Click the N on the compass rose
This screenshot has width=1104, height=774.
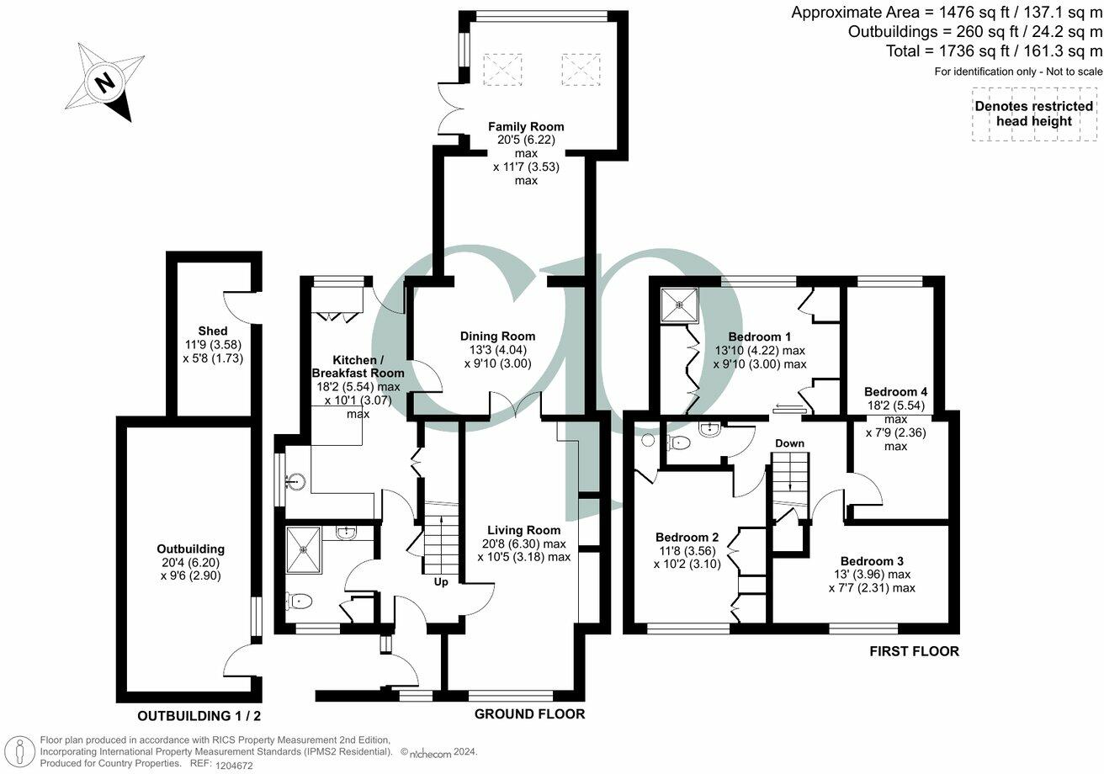click(104, 83)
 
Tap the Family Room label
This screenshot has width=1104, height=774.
click(526, 126)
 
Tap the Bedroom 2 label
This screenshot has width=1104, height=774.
click(687, 538)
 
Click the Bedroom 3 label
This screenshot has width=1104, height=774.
click(872, 561)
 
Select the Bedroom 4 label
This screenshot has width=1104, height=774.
click(895, 392)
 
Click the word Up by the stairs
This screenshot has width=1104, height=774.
click(440, 581)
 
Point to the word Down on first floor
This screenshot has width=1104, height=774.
click(789, 443)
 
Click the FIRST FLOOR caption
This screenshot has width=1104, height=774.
click(914, 651)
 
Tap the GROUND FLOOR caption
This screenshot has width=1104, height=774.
click(529, 714)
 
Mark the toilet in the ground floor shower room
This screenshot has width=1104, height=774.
click(300, 601)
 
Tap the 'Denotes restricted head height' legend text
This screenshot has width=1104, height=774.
click(1033, 114)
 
